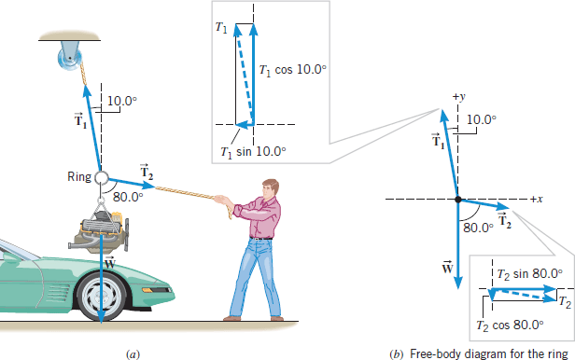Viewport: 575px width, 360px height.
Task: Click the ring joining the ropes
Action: [101, 177]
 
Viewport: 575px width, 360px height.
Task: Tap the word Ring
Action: [78, 177]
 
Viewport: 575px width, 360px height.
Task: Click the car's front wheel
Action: [99, 298]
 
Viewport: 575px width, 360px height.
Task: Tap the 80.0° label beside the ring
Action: [127, 197]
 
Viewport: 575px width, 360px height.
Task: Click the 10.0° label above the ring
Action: [121, 101]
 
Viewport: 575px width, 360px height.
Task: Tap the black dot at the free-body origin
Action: [457, 199]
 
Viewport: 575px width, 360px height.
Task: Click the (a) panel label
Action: [132, 353]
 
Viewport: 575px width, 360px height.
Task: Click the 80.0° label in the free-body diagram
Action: [477, 225]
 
